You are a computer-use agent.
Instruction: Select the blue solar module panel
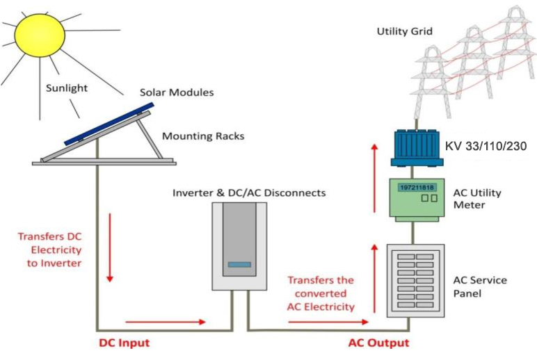pyautogui.click(x=109, y=124)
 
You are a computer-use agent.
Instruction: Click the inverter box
pyautogui.click(x=239, y=247)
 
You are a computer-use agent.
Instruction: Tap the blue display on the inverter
pyautogui.click(x=239, y=264)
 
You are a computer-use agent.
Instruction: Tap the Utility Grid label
pyautogui.click(x=404, y=31)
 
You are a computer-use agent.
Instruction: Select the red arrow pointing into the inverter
pyautogui.click(x=166, y=322)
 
